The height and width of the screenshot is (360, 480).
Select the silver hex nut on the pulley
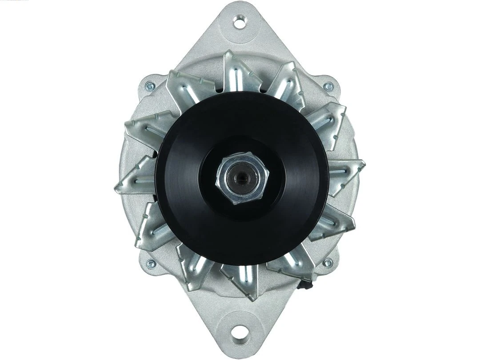(240, 177)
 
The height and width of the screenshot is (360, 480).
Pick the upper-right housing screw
(328, 86)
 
